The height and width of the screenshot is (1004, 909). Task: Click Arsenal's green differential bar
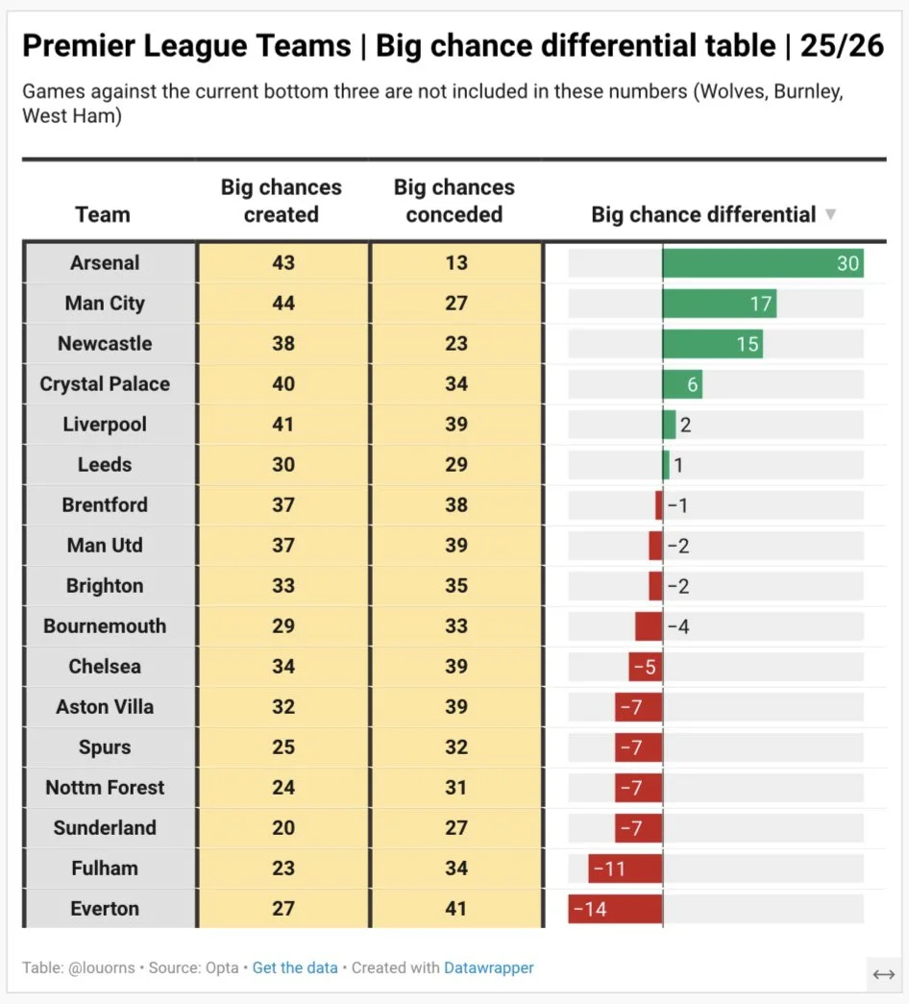click(763, 263)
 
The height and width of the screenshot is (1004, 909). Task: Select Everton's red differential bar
click(615, 909)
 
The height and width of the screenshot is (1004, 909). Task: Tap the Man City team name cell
click(105, 303)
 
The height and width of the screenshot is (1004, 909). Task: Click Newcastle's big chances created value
click(283, 343)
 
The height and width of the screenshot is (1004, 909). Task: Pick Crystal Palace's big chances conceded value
click(456, 383)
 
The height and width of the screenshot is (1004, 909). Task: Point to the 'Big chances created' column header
click(282, 201)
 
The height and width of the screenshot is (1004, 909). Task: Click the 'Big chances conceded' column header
click(454, 201)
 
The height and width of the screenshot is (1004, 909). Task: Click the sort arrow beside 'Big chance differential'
click(830, 214)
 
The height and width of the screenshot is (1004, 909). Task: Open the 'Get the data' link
click(295, 967)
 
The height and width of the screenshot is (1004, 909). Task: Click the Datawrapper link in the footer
click(489, 967)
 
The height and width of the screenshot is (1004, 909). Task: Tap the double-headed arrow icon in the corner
click(884, 974)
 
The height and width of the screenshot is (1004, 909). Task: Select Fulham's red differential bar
click(626, 869)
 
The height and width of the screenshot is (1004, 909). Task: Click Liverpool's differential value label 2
click(685, 426)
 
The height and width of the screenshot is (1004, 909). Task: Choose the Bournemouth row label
click(105, 625)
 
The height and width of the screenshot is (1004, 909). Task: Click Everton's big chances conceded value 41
click(456, 908)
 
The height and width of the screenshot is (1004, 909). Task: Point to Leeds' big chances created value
click(283, 464)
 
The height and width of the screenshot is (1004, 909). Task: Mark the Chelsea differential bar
click(646, 667)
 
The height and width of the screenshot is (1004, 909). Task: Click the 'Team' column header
click(103, 214)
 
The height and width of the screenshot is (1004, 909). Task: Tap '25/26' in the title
click(842, 45)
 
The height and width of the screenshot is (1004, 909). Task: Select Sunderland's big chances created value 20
click(283, 827)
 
